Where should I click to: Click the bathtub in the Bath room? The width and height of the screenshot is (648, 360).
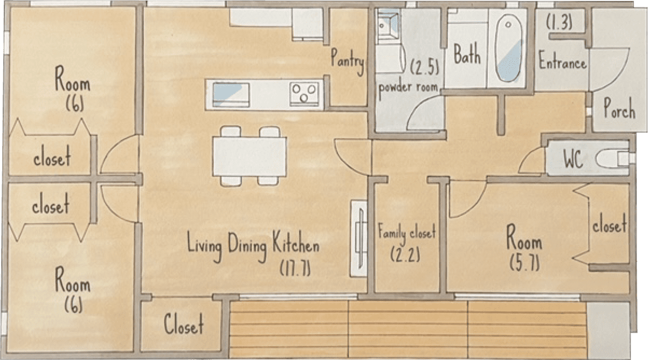509,48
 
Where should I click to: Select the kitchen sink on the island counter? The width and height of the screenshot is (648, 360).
231,94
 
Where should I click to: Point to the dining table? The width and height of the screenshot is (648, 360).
250,156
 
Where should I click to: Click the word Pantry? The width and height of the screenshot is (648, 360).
347,61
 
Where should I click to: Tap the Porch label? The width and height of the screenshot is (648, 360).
619,108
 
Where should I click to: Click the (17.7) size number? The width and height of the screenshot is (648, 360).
295,268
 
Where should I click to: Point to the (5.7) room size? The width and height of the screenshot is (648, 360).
524,263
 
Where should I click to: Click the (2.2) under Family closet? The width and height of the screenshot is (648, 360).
405,255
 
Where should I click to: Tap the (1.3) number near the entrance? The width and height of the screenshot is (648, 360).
559,22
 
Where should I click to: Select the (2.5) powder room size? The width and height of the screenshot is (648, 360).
424,67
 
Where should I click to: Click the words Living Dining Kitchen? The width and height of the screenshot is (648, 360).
253,246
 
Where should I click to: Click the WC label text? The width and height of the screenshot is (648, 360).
573,160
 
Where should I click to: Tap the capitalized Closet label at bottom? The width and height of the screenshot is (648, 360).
184,324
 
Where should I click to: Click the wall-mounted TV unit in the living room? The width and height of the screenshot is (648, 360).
359,239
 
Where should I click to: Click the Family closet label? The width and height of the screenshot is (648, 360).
406,232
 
